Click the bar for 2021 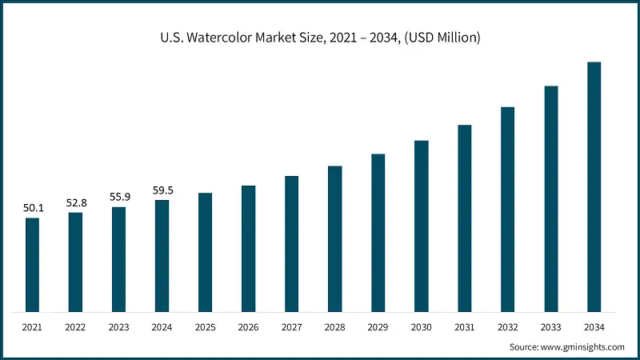pyautogui.click(x=32, y=264)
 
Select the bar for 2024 pyautogui.click(x=162, y=255)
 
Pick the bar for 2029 pyautogui.click(x=378, y=232)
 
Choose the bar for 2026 pyautogui.click(x=248, y=248)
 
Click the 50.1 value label pyautogui.click(x=32, y=208)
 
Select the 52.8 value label pyautogui.click(x=75, y=203)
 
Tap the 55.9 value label pyautogui.click(x=118, y=198)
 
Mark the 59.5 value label pyautogui.click(x=162, y=190)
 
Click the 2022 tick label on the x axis pyautogui.click(x=75, y=328)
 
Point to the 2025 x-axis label pyautogui.click(x=205, y=328)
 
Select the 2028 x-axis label pyautogui.click(x=334, y=328)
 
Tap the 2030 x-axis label pyautogui.click(x=421, y=328)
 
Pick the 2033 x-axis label pyautogui.click(x=550, y=328)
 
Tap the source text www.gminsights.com pyautogui.click(x=583, y=347)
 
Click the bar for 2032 pyautogui.click(x=507, y=209)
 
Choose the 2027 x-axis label pyautogui.click(x=291, y=328)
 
